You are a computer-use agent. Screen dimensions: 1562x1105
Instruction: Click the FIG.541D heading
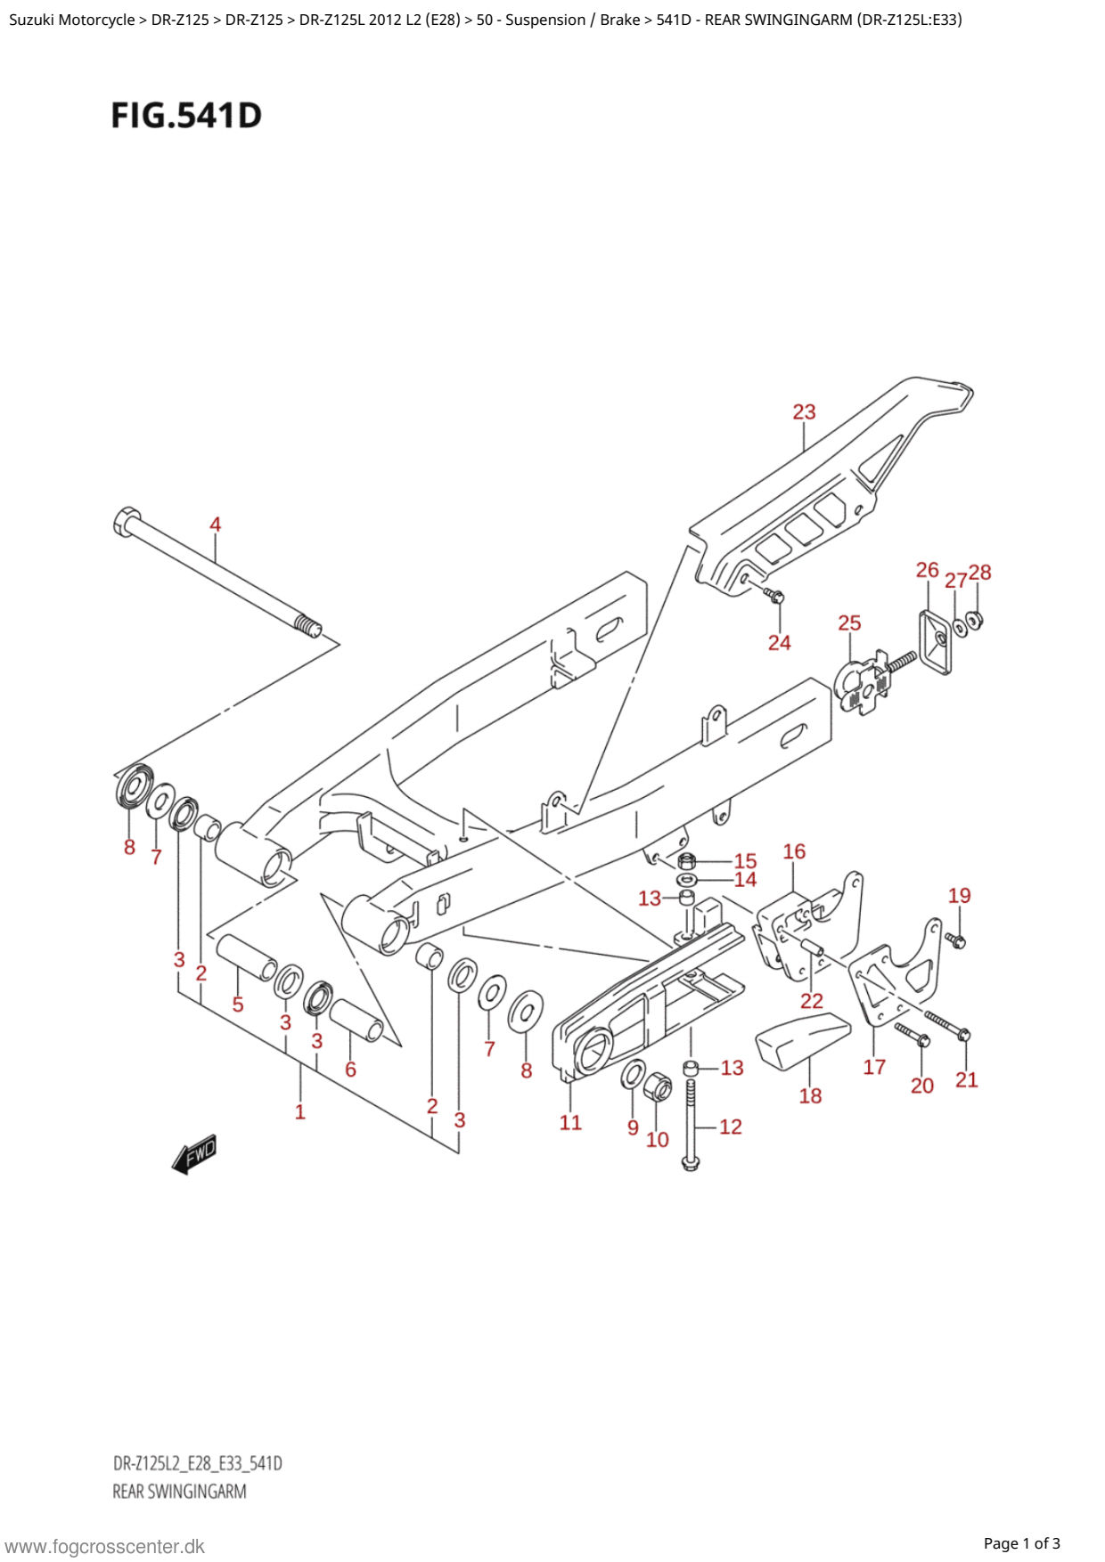point(186,116)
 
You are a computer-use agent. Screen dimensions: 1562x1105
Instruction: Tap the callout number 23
point(804,412)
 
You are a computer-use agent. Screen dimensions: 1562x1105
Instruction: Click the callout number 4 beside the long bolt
point(215,525)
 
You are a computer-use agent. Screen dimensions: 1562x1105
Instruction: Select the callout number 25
point(849,623)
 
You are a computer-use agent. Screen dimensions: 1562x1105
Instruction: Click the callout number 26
point(927,570)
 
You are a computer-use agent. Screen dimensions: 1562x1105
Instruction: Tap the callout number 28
point(980,572)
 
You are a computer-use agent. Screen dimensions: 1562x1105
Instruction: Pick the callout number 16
point(794,852)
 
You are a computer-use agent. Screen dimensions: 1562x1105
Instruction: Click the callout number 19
point(959,896)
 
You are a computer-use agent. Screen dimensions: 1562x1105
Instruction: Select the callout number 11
point(570,1123)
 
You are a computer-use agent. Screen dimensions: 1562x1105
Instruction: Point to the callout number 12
point(731,1127)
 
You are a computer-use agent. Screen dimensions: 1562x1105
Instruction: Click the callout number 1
point(300,1112)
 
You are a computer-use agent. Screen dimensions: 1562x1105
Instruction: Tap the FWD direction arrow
point(195,1155)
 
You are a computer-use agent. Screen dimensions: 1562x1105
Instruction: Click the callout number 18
point(810,1096)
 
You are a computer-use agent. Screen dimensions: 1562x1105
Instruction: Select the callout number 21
point(966,1080)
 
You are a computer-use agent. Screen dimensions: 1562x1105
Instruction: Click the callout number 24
point(779,643)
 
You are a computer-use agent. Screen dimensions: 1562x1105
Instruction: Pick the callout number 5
point(238,1005)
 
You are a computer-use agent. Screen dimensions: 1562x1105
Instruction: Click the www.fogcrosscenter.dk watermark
point(104,1547)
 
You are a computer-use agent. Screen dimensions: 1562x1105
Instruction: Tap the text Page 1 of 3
point(1021,1543)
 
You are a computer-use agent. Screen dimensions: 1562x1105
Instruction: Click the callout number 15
point(745,861)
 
